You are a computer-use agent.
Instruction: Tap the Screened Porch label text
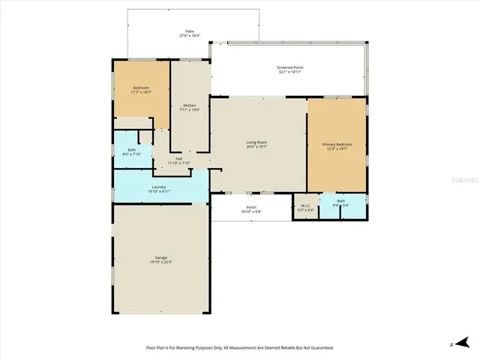289,67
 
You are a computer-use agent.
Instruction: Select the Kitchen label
190,105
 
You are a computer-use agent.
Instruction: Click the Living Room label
257,142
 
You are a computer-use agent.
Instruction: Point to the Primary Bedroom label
337,144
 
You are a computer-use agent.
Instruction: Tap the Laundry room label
159,187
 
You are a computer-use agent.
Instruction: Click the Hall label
179,158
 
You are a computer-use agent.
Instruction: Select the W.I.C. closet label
306,205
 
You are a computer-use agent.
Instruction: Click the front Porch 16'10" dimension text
251,211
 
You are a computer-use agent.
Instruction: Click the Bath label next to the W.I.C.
341,200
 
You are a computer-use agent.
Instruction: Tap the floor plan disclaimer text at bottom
240,348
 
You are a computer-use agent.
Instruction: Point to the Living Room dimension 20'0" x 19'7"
257,147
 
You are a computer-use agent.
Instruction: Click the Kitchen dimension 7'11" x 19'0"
190,110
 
